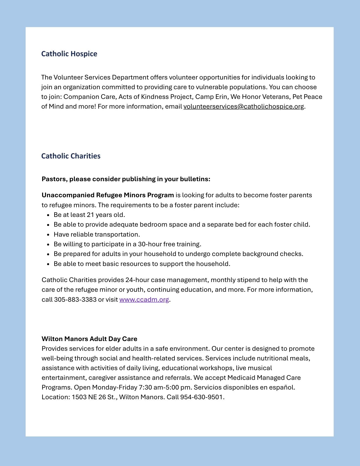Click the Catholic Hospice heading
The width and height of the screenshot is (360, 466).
(69, 54)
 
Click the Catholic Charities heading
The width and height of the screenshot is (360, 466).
(71, 156)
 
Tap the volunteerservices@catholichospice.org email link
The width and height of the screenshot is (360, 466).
(244, 107)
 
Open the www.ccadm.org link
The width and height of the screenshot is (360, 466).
(144, 299)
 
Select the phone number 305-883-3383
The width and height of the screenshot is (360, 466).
(75, 299)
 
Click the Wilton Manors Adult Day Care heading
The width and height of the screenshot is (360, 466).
(89, 339)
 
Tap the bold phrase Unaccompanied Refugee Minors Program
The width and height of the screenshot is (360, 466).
(108, 195)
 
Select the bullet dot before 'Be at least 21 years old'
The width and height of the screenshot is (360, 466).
(48, 215)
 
